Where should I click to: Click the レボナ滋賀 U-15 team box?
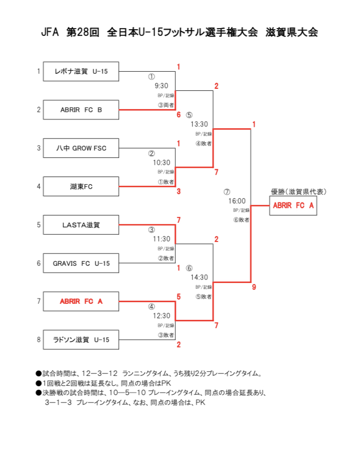tap(81, 71)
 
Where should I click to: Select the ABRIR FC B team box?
tap(81, 110)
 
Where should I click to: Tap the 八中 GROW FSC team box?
tap(81, 148)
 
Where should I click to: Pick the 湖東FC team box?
tap(81, 186)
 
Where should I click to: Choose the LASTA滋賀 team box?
tap(81, 225)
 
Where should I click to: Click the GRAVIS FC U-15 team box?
tap(81, 263)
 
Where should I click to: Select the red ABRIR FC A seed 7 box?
tap(81, 302)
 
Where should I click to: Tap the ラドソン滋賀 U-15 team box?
tap(81, 340)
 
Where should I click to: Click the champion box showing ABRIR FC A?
tap(293, 206)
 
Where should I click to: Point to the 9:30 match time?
tap(161, 86)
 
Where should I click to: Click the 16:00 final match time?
tap(237, 201)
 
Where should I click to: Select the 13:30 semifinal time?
tap(199, 124)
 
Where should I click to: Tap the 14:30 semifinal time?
tap(199, 278)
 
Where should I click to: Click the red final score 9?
tap(254, 287)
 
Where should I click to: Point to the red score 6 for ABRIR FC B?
tap(178, 115)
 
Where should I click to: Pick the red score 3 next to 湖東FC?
tap(178, 192)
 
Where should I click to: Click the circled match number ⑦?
tap(227, 192)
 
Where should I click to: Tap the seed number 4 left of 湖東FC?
tap(39, 186)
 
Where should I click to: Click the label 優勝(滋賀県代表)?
tap(298, 192)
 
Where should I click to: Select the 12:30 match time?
tap(161, 316)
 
